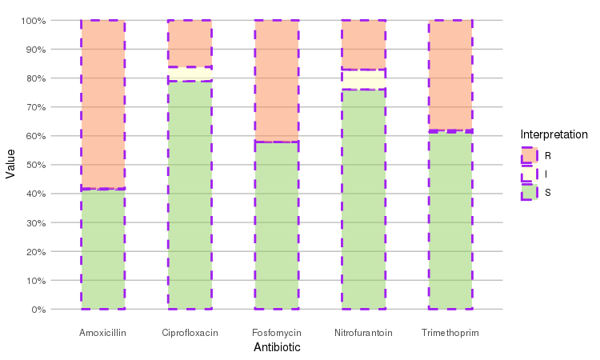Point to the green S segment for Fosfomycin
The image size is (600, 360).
277,226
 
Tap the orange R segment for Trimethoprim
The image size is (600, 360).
450,74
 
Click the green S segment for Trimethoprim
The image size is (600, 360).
450,220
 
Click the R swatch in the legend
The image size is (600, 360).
529,155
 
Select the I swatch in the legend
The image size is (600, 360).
529,174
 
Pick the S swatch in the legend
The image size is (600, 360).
529,192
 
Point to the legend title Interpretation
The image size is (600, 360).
554,134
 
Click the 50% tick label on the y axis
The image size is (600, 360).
34,165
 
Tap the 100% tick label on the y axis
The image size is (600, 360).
32,20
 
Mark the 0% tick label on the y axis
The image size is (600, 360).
37,310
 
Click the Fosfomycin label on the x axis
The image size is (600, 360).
277,332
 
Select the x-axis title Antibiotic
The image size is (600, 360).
277,347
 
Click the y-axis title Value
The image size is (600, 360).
10,165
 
